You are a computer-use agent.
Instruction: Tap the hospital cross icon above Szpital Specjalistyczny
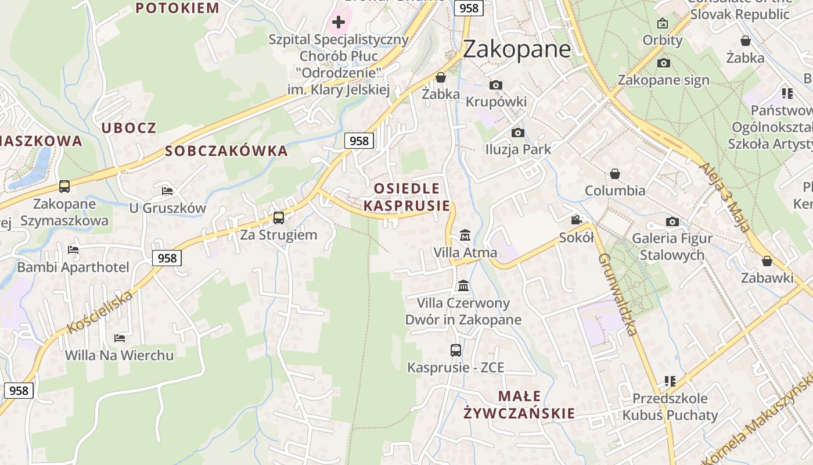coord(338,23)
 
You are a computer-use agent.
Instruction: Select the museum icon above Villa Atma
coord(465,235)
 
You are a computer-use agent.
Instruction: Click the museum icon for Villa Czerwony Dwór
coord(463,285)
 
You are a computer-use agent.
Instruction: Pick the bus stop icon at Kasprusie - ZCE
coord(456,350)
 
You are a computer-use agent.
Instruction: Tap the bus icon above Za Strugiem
coord(279,218)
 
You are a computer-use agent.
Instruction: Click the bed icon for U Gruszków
coord(167,191)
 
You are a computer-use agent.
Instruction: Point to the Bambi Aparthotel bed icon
coord(73,250)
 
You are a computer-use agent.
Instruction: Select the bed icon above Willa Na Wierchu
coord(120,338)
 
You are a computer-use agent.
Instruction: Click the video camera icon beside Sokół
coord(576,220)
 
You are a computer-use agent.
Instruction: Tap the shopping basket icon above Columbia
coord(614,174)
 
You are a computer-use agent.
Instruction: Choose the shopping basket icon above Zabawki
coord(767,261)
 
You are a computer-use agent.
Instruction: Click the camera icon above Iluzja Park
coord(518,133)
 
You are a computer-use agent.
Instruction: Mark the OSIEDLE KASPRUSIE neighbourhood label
coord(406,197)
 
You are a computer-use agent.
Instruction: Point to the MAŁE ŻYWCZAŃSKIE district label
coord(519,405)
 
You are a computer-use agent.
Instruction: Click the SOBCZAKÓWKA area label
coord(226,151)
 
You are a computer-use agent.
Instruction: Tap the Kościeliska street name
coord(100,312)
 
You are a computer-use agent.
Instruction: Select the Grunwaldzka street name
coord(618,294)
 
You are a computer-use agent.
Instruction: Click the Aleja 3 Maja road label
coord(725,197)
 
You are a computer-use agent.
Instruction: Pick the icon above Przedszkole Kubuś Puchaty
coord(670,381)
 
